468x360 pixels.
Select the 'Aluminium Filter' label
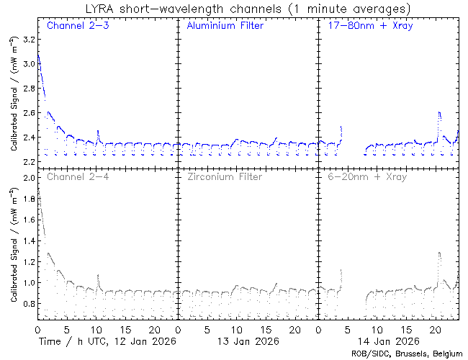click(225, 26)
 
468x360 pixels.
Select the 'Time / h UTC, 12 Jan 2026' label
click(107, 341)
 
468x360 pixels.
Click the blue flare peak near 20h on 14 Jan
click(439, 113)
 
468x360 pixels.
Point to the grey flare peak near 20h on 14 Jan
click(439, 253)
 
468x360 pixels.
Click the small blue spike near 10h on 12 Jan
click(98, 132)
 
